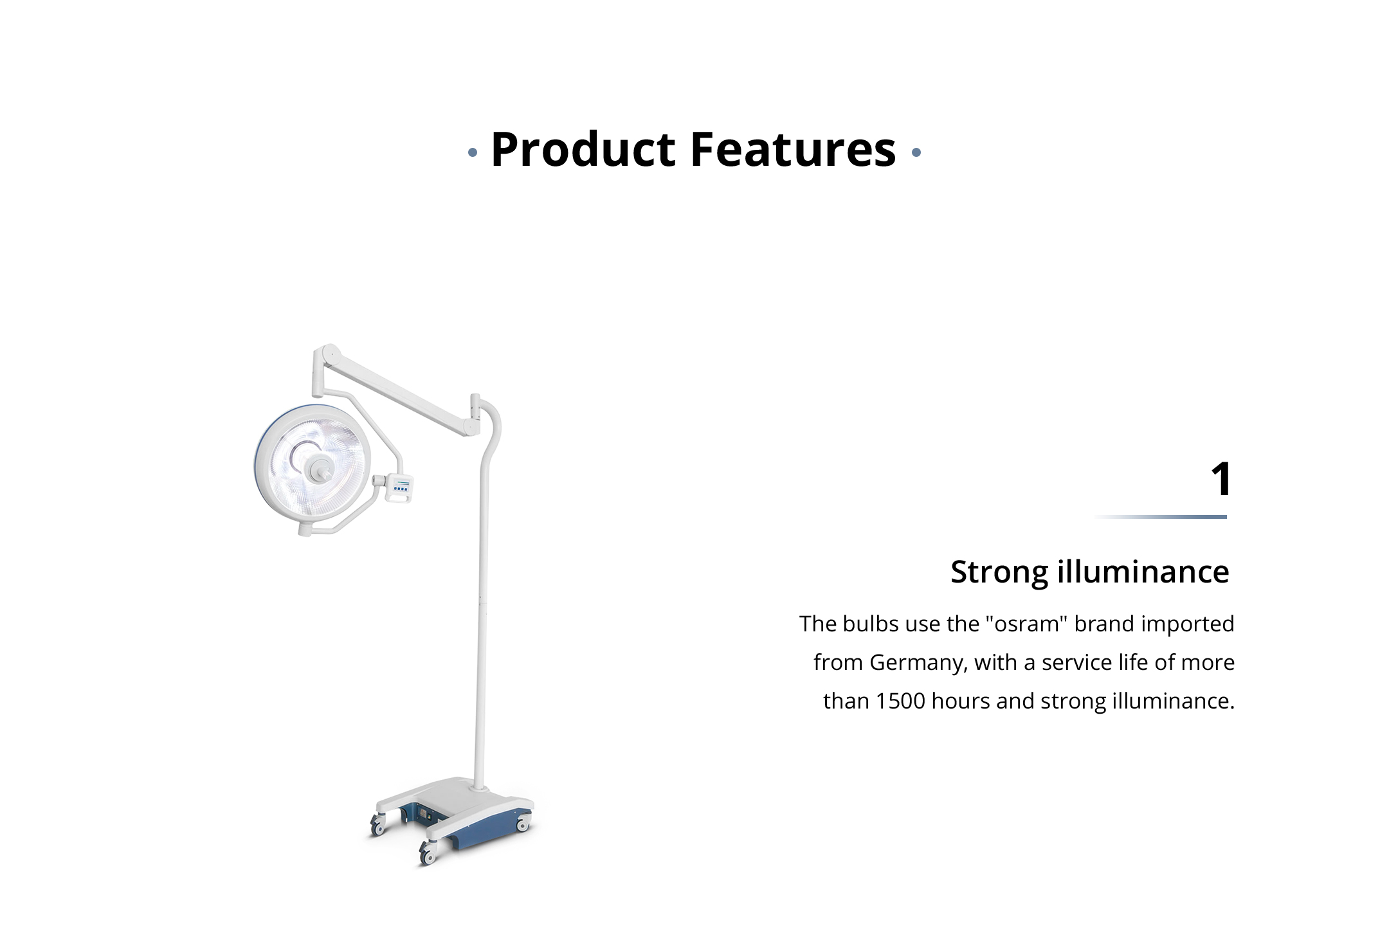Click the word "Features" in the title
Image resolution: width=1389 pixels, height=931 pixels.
point(793,149)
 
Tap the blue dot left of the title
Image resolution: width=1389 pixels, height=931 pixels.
point(473,153)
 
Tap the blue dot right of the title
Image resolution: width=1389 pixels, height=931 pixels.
point(916,153)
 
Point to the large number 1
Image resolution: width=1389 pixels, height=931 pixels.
point(1221,479)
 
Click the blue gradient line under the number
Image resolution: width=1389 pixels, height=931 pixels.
point(1160,517)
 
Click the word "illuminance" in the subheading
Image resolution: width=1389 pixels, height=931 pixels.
point(1143,571)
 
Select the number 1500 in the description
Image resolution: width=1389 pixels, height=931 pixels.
point(900,701)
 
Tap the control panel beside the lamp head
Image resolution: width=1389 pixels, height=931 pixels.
point(400,488)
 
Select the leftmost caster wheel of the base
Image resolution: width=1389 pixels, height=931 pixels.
point(377,826)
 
